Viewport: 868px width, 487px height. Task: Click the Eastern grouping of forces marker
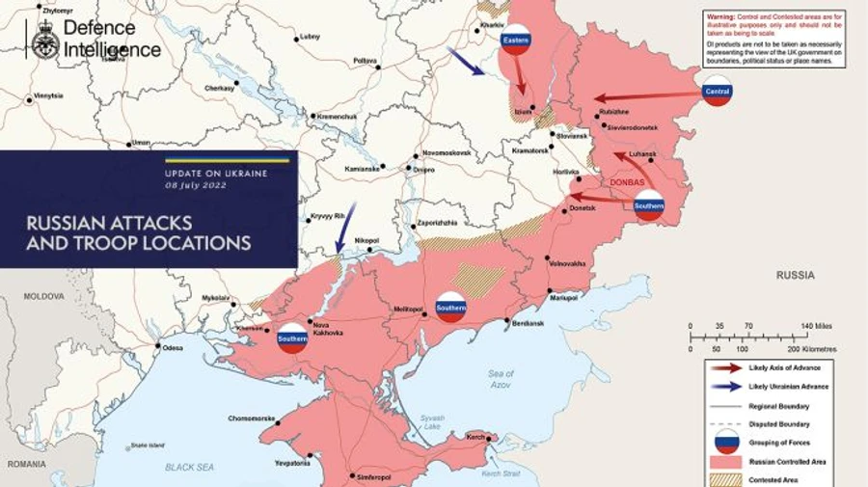[x=517, y=39]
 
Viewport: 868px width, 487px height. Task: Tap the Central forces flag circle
[x=717, y=92]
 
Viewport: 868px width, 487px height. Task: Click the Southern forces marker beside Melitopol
[x=450, y=307]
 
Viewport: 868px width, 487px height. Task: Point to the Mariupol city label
[x=561, y=299]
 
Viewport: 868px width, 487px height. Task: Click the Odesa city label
[x=173, y=346]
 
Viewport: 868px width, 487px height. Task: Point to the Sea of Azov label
[x=501, y=379]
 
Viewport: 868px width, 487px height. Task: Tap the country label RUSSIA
[x=796, y=276]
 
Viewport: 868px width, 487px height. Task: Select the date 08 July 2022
[x=196, y=184]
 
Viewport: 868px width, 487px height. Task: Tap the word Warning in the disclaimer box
[x=722, y=16]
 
